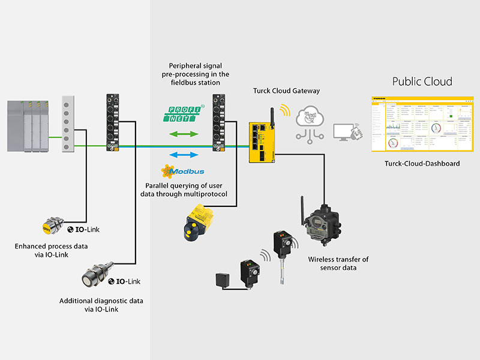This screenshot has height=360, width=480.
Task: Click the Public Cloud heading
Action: pos(422,82)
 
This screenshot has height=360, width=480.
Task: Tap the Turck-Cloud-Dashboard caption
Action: pos(422,163)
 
